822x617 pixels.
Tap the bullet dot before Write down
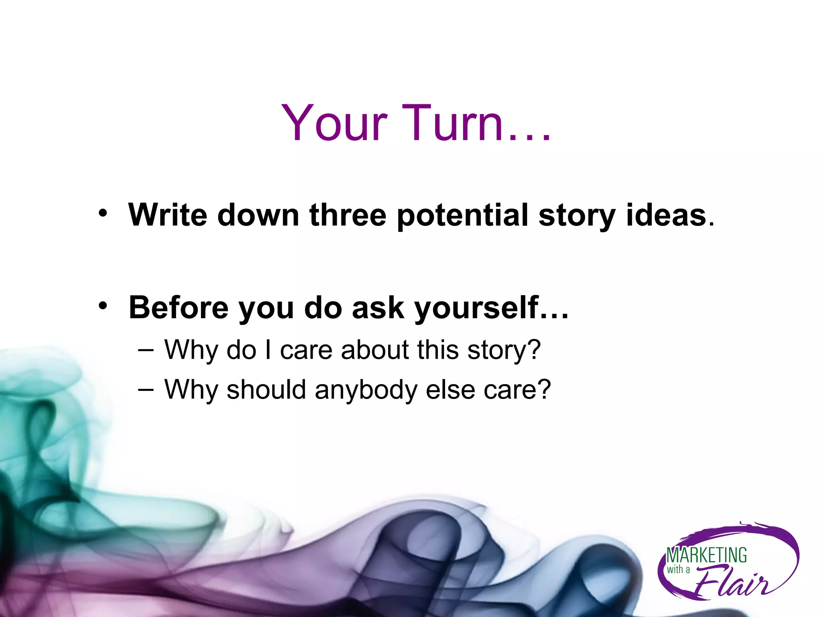point(103,213)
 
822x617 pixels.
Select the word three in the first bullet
point(348,215)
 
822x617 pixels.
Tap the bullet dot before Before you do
point(103,306)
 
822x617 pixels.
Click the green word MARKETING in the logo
point(706,556)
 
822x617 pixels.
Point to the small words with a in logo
point(678,569)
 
